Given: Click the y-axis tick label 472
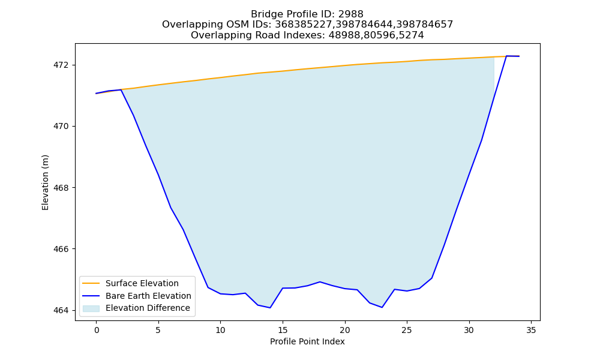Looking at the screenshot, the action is pyautogui.click(x=61, y=65).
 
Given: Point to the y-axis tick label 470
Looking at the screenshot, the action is pyautogui.click(x=61, y=126).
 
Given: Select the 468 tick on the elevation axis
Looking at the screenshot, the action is pyautogui.click(x=61, y=188).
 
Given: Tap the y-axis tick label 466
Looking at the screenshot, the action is pyautogui.click(x=61, y=249).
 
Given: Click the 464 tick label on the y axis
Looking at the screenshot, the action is pyautogui.click(x=61, y=310).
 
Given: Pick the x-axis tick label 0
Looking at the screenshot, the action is pyautogui.click(x=97, y=330).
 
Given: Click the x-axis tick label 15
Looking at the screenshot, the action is pyautogui.click(x=283, y=330).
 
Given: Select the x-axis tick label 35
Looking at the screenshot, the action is pyautogui.click(x=531, y=330).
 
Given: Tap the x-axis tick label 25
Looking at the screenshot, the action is pyautogui.click(x=407, y=330).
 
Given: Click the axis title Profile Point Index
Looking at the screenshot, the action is pyautogui.click(x=307, y=341).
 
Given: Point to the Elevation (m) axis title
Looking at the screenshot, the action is pyautogui.click(x=45, y=182).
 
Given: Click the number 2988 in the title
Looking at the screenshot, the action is pyautogui.click(x=350, y=14).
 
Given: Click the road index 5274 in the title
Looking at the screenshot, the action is pyautogui.click(x=412, y=35).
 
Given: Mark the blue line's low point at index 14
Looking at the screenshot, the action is pyautogui.click(x=270, y=308).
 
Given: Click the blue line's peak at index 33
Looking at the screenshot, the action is pyautogui.click(x=506, y=56).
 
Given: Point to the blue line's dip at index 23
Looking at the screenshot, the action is pyautogui.click(x=382, y=307).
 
